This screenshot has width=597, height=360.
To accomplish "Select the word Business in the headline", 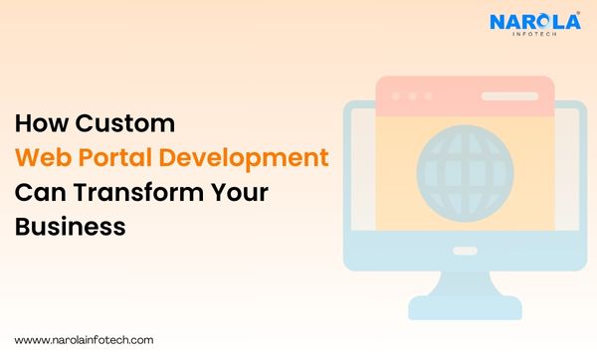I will [70, 227].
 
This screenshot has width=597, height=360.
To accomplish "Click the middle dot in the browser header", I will [412, 97].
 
